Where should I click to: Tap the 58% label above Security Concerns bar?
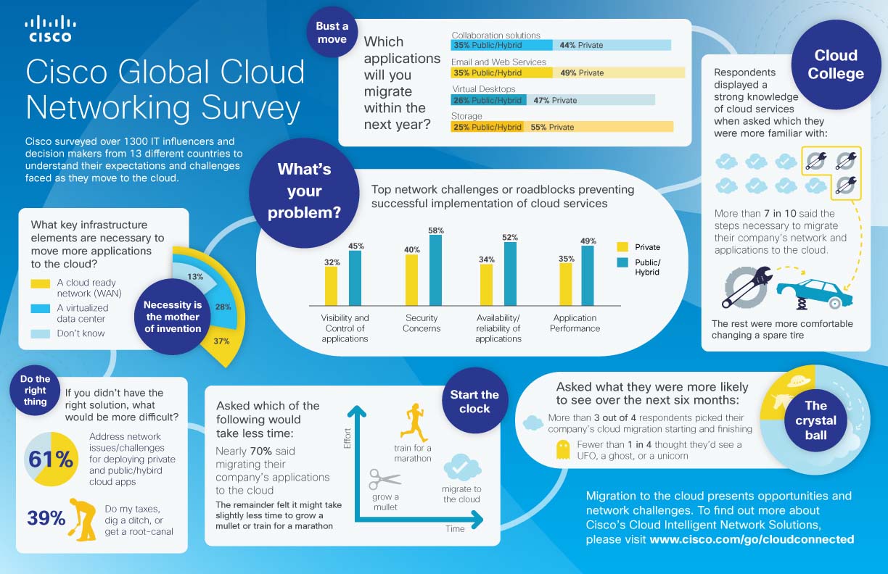coord(436,230)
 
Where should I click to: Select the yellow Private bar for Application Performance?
coord(566,284)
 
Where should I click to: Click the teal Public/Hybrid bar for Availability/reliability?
coord(510,274)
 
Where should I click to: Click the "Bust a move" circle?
coord(332,33)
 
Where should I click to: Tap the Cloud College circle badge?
coord(835,65)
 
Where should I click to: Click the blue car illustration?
coord(810,289)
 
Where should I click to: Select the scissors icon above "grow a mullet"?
coord(385,479)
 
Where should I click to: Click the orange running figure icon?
coord(414,424)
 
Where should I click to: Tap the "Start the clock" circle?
coord(474,402)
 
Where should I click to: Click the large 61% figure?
coord(51,459)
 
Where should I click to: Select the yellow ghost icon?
coord(560,452)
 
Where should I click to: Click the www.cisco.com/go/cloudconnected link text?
coord(752,539)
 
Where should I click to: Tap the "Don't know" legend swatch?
coord(41,333)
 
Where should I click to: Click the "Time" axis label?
coord(455,528)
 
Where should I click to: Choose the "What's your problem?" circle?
coord(304,191)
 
